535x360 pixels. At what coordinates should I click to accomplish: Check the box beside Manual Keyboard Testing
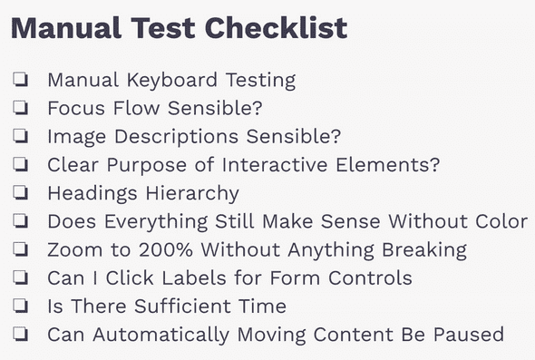click(x=19, y=80)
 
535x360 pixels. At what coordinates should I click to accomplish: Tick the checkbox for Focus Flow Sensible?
click(x=19, y=108)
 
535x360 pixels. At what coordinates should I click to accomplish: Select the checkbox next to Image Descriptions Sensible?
click(x=19, y=137)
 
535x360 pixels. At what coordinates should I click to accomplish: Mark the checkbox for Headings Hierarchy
click(x=19, y=193)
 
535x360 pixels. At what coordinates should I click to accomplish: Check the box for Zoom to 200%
click(x=19, y=250)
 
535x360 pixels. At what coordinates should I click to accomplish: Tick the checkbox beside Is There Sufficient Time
click(x=19, y=306)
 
